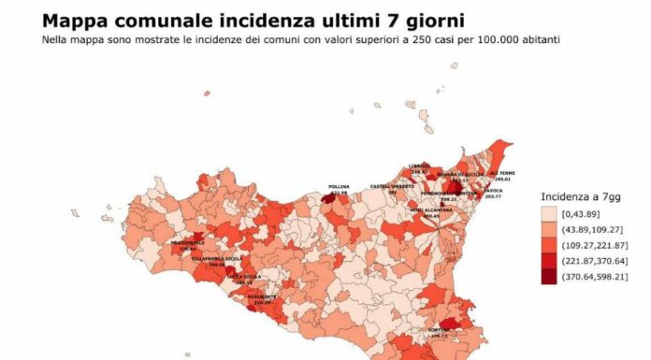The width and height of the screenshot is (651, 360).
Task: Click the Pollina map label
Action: tap(339, 187)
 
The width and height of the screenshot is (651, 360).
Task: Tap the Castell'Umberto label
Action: tap(389, 186)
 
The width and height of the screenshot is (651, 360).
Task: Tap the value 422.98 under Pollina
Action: tap(339, 192)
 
